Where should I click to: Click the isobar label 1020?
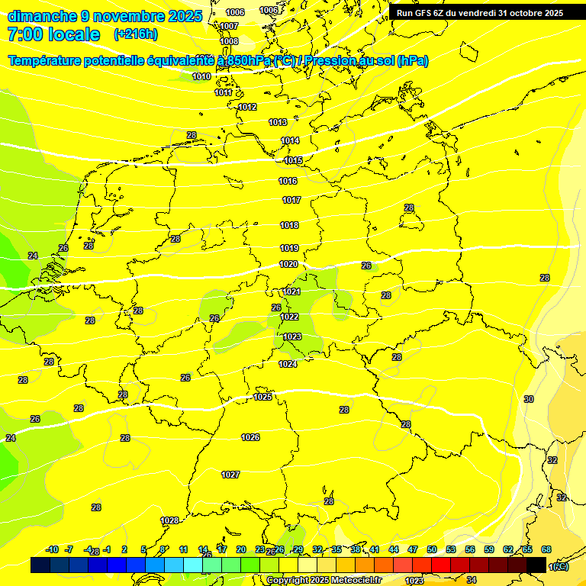288,264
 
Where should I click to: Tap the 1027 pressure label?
230,475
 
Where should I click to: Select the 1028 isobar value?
169,520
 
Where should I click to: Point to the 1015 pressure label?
293,160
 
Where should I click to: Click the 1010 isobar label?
201,76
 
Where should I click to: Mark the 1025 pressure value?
262,397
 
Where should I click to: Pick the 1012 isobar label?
247,108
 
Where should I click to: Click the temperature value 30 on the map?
529,399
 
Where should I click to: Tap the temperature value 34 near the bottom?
471,581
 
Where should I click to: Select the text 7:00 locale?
53,34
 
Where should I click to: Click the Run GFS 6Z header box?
479,13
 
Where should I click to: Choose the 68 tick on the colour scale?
546,549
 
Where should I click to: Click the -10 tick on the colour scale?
52,549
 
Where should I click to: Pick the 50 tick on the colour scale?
432,549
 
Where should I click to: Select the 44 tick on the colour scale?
394,549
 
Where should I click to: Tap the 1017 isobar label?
291,200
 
